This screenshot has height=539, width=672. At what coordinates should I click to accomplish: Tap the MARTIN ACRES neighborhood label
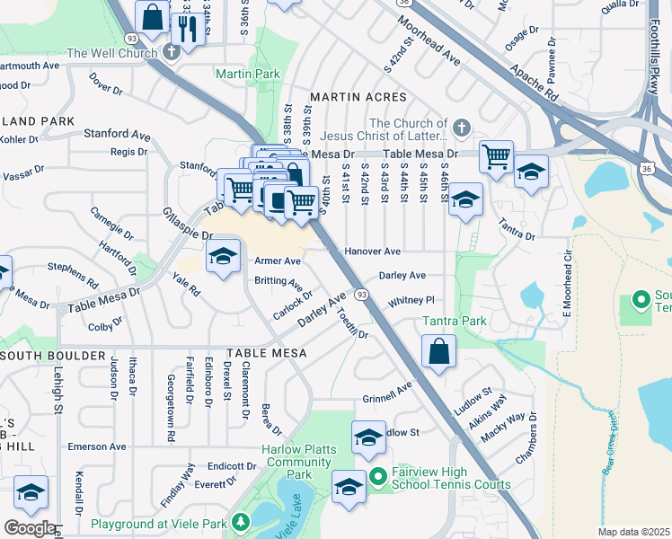click(353, 96)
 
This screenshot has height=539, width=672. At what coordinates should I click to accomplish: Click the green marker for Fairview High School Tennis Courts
click(377, 475)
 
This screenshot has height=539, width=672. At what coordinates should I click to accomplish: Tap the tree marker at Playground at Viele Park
click(240, 521)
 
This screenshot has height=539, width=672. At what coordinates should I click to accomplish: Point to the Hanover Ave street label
click(372, 252)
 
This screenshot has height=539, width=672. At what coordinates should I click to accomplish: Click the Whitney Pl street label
click(411, 301)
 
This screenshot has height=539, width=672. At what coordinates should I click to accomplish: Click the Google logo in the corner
click(29, 528)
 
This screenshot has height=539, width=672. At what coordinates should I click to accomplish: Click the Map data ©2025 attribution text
click(633, 532)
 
